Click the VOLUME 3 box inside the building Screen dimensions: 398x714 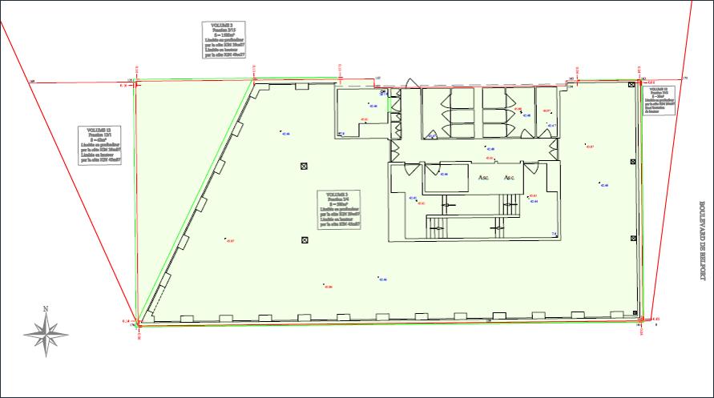click(337, 210)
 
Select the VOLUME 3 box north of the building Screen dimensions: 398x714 click(220, 40)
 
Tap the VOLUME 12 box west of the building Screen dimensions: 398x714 click(100, 145)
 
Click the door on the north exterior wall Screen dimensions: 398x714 click(411, 83)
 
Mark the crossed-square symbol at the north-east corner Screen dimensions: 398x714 click(632, 84)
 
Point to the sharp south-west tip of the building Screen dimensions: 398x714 click(139, 322)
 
